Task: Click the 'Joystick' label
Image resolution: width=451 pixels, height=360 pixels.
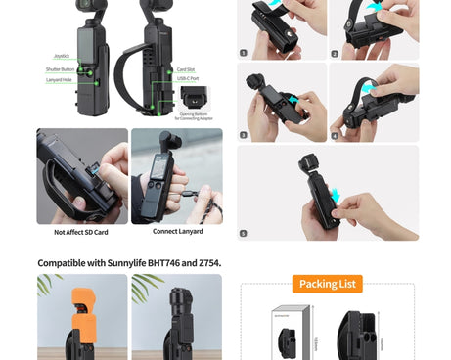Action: [x=61, y=58]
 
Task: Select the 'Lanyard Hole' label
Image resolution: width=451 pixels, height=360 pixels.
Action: [x=59, y=80]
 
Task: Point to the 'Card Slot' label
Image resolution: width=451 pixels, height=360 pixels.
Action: [x=185, y=70]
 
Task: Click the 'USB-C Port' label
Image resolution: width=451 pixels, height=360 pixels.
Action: [x=188, y=78]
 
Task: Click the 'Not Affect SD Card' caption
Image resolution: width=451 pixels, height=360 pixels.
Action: [x=80, y=232]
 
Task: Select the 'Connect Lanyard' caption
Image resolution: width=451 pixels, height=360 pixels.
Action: [x=177, y=232]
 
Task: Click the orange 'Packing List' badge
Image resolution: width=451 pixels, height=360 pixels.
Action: [x=327, y=284]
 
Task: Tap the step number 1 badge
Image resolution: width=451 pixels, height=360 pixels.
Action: [x=243, y=53]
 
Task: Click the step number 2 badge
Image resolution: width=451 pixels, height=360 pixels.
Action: [x=335, y=54]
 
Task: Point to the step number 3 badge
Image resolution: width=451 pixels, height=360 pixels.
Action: [x=243, y=135]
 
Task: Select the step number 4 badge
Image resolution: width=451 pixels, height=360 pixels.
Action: [x=335, y=135]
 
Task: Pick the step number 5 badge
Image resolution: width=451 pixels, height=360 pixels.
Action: [x=243, y=234]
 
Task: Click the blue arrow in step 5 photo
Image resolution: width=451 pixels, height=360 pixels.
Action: [x=336, y=197]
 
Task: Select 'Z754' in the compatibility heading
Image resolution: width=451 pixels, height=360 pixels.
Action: [x=206, y=263]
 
